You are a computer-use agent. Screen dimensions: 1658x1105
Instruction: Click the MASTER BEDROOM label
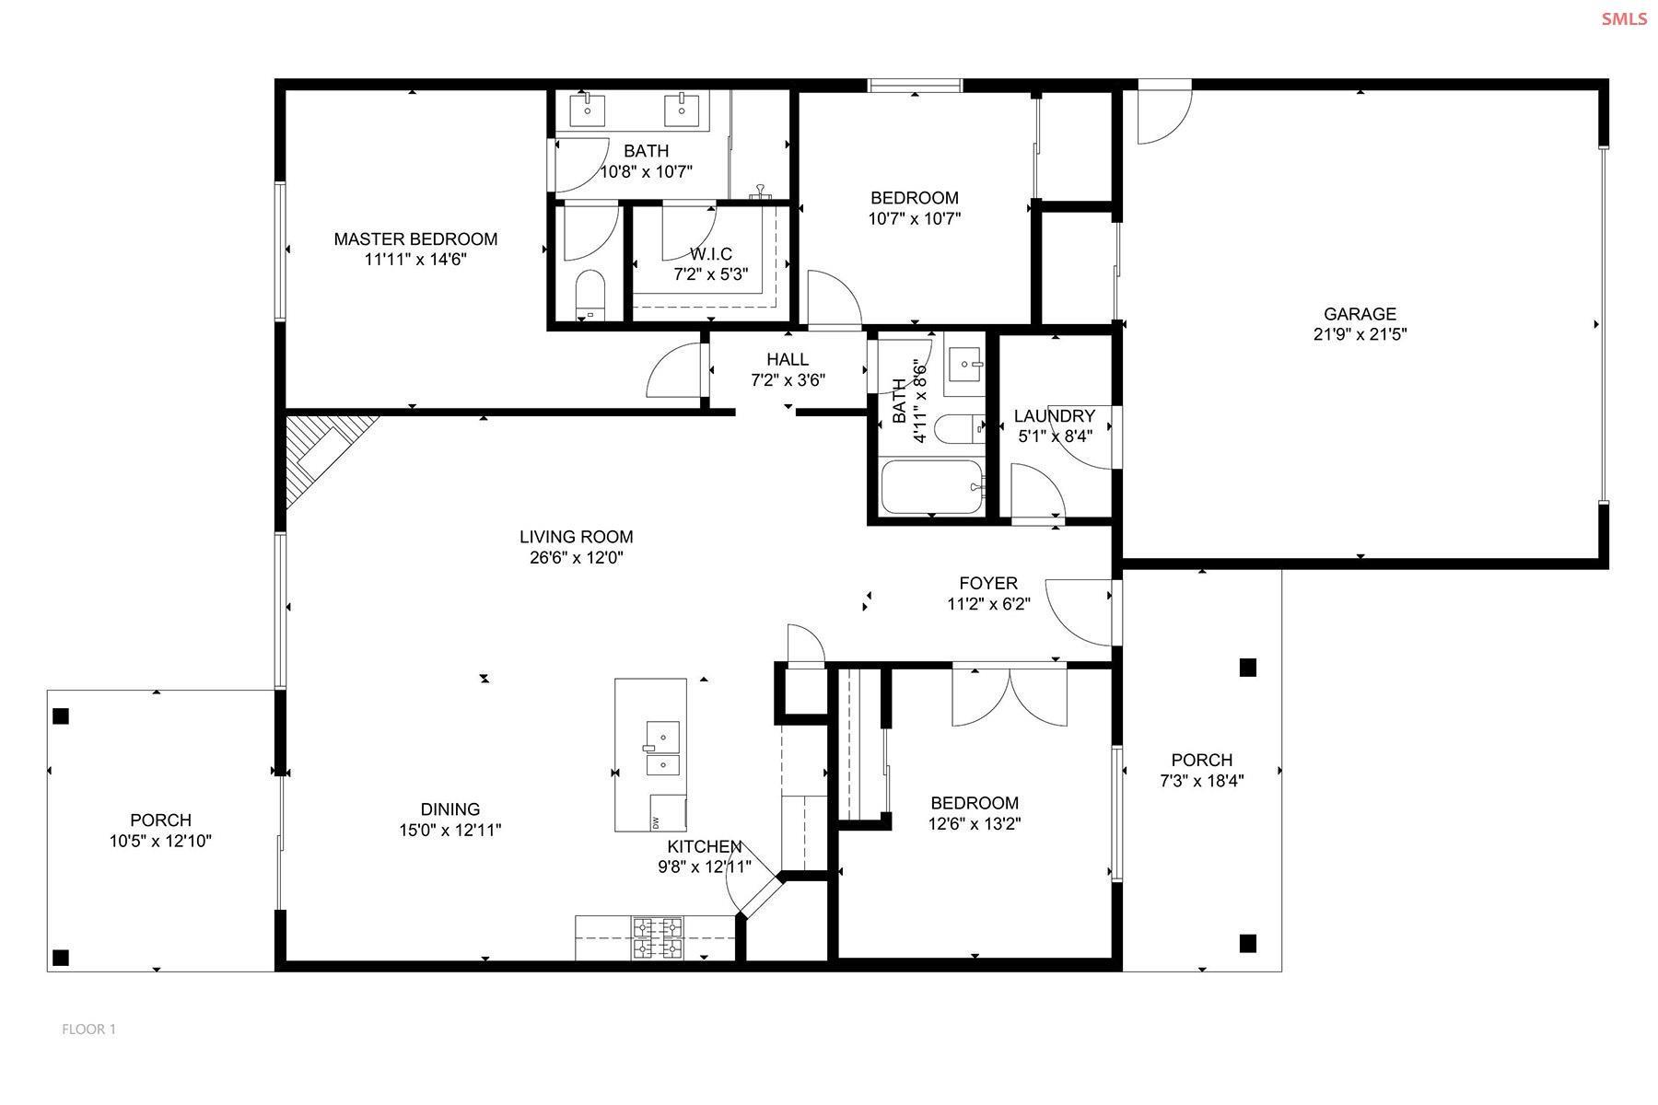coord(415,239)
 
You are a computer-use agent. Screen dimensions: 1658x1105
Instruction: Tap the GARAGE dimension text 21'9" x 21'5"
coord(1360,334)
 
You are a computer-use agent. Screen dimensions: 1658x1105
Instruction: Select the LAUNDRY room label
coord(1054,416)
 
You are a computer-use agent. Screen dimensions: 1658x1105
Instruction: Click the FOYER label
coord(988,583)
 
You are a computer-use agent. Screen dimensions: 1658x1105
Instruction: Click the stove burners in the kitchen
coord(657,937)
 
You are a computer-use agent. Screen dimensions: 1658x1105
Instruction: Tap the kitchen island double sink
coord(662,750)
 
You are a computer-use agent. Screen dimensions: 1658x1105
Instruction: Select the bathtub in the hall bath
coord(933,487)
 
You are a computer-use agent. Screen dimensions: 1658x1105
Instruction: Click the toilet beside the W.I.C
coord(589,294)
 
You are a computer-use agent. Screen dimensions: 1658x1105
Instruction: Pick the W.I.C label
coord(710,254)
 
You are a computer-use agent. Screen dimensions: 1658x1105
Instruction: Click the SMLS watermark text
coord(1624,18)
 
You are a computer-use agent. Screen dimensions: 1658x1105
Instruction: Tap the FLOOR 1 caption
coord(88,1029)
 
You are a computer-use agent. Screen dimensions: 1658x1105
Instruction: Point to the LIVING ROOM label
coord(576,537)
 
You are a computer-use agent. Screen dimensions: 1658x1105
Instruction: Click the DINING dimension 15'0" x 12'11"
coord(450,830)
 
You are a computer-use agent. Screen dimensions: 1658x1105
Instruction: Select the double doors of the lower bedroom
coord(1010,696)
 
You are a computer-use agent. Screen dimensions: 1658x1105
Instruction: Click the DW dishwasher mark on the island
coord(656,821)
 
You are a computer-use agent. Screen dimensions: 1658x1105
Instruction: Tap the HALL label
coord(788,359)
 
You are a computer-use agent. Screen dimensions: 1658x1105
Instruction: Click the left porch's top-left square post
coord(61,715)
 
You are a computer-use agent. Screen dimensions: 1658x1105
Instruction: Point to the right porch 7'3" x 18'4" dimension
coord(1201,781)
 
